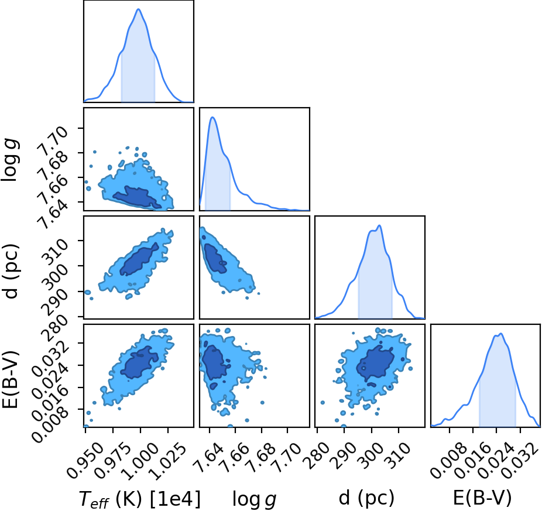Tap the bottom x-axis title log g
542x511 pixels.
[254, 499]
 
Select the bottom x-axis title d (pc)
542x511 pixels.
[366, 499]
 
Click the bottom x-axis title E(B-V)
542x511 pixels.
[482, 499]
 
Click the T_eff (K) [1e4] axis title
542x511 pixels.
[140, 499]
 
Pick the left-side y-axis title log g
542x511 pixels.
[11, 159]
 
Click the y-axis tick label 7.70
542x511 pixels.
[54, 140]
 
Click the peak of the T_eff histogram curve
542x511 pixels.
[139, 9]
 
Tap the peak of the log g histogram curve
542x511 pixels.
[212, 118]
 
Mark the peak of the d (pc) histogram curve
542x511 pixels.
[379, 226]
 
